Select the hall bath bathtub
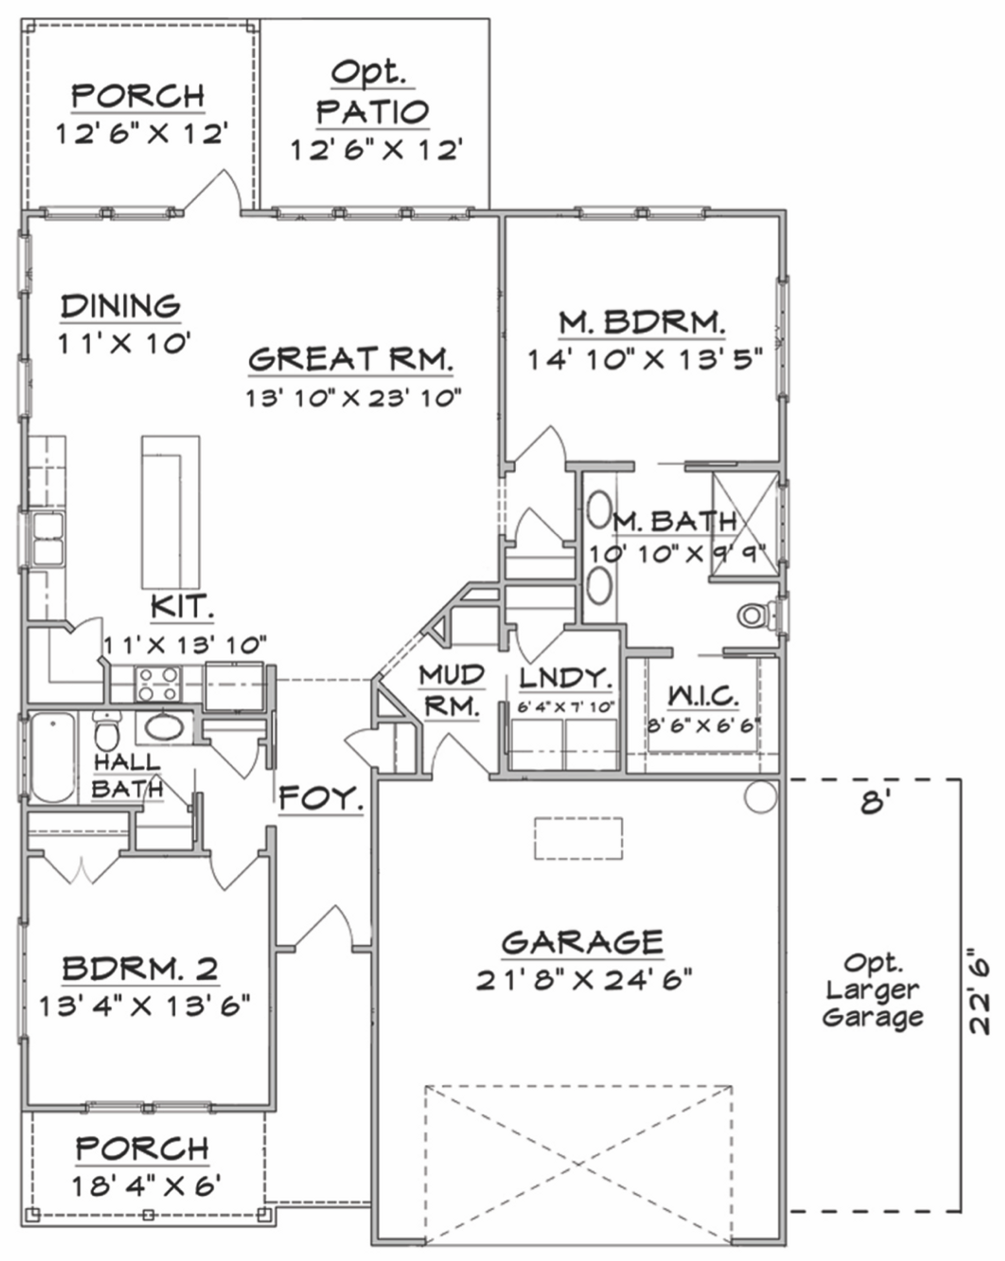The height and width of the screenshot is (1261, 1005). (x=53, y=757)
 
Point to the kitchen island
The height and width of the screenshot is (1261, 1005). (x=170, y=512)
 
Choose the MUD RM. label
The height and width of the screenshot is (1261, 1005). (x=451, y=691)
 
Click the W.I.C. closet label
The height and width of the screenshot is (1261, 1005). (x=703, y=696)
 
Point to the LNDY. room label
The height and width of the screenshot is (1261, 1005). (x=565, y=678)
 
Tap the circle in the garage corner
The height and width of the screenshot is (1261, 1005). (x=760, y=797)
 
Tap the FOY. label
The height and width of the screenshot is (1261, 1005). (x=320, y=798)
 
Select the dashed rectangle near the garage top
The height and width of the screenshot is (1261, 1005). (x=578, y=839)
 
